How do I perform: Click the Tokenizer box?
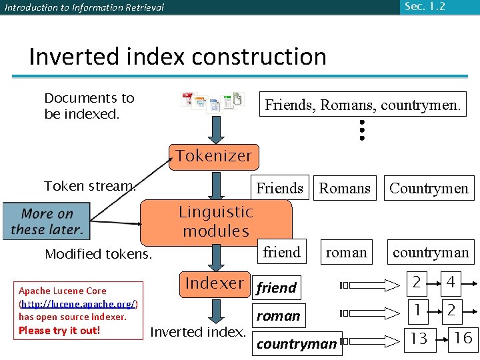tap(213, 156)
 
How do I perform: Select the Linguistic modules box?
tap(216, 221)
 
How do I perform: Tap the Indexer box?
tap(215, 283)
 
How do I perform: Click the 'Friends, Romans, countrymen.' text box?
tap(363, 105)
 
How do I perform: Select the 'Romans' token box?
tap(345, 189)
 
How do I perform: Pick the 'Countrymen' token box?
tap(429, 189)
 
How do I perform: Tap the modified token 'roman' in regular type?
tap(346, 253)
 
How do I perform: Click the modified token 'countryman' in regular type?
tap(431, 253)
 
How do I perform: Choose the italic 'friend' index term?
tap(276, 288)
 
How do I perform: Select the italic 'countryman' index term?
tap(297, 344)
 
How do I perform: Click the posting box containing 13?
tap(419, 339)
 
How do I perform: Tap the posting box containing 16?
tap(463, 338)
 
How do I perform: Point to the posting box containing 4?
tap(451, 283)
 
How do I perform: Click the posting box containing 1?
tap(417, 310)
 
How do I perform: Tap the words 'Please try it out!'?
tap(59, 331)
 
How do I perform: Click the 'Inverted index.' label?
tap(198, 331)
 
